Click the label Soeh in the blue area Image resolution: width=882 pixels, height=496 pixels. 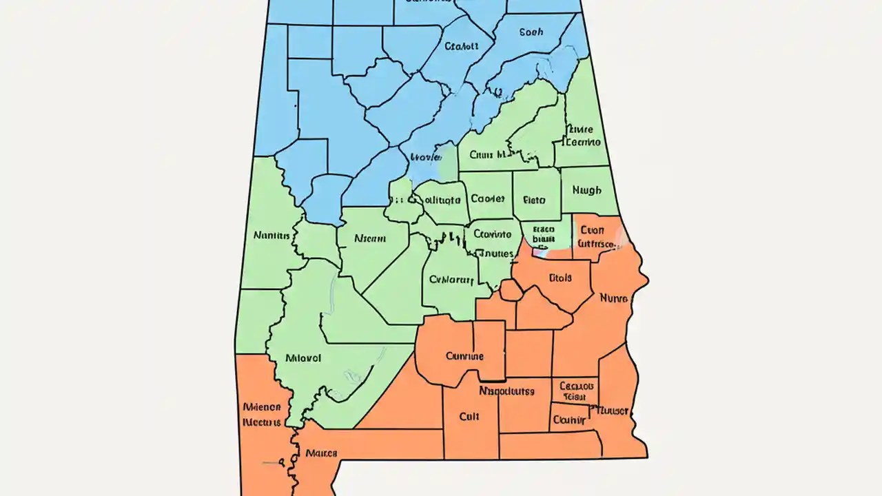coord(531,32)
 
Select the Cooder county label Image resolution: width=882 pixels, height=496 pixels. coord(488,198)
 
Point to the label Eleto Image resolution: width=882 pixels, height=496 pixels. coord(534,200)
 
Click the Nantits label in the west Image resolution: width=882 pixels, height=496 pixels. coord(272,235)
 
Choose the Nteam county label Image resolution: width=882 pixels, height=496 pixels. coord(370,238)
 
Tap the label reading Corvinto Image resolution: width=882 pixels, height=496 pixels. coord(492,234)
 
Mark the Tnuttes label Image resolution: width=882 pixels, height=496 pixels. coord(495,253)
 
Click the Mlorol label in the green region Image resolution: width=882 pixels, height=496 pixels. coord(303,358)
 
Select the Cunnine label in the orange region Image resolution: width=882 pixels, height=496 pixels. coord(464,356)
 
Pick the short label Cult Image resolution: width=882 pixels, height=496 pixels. coord(469,417)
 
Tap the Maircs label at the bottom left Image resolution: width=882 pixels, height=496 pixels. coord(321,453)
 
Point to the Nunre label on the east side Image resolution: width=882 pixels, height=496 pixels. coord(613,299)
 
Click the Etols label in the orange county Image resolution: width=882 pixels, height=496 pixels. coord(560,279)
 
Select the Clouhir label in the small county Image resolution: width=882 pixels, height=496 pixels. coord(570,420)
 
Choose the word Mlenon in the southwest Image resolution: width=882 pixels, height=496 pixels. coord(262,406)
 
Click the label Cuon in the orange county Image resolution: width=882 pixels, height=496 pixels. coord(593,230)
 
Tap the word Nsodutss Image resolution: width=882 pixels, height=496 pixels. coord(506,391)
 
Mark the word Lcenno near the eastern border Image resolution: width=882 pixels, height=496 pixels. coord(582,142)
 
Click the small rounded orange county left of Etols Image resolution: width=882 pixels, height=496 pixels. coord(511,290)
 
